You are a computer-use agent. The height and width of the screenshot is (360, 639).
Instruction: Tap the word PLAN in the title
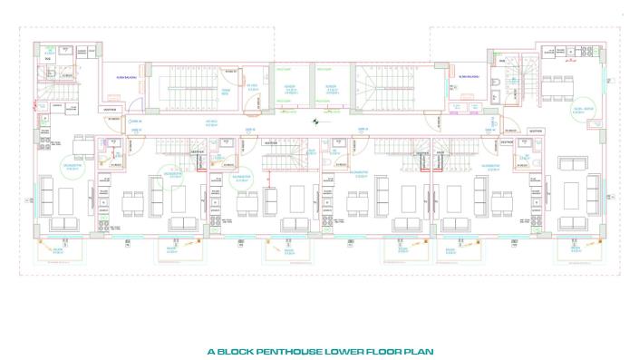point(421,350)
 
